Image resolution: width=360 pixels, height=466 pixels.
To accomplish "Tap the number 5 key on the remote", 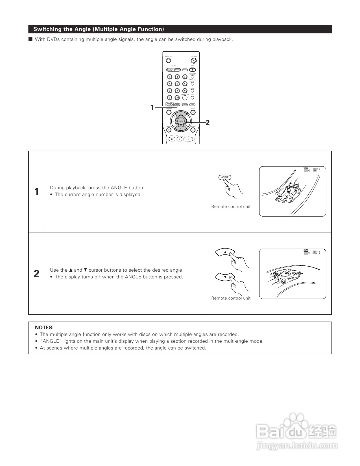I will (x=177, y=83).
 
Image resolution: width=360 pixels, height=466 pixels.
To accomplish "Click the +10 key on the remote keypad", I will (x=177, y=98).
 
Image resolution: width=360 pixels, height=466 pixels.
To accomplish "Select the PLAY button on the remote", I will (x=188, y=139).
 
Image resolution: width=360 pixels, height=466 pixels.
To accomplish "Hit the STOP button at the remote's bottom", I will (x=172, y=139).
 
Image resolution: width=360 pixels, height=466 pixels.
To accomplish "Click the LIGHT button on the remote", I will (x=169, y=105).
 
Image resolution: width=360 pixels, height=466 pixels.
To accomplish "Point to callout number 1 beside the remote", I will (x=152, y=107).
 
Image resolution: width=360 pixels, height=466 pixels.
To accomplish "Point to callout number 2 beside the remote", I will (x=208, y=122).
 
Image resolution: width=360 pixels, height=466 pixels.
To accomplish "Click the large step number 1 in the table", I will (x=36, y=192).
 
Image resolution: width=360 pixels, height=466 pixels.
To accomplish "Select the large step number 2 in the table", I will (x=36, y=274).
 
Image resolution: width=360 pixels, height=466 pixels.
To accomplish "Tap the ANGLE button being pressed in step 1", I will (x=225, y=177).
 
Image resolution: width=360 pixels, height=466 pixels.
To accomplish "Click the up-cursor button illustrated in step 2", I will (x=225, y=252).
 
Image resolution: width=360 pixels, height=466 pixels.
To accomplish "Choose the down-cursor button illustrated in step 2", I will (x=225, y=277).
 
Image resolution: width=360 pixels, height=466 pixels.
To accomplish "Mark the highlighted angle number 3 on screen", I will (x=315, y=170).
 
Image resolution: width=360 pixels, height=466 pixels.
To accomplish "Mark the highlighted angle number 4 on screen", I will (x=315, y=252).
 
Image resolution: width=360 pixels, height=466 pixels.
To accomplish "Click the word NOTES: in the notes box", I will (x=44, y=327).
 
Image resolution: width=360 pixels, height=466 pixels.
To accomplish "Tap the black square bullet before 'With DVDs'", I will (x=30, y=39).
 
